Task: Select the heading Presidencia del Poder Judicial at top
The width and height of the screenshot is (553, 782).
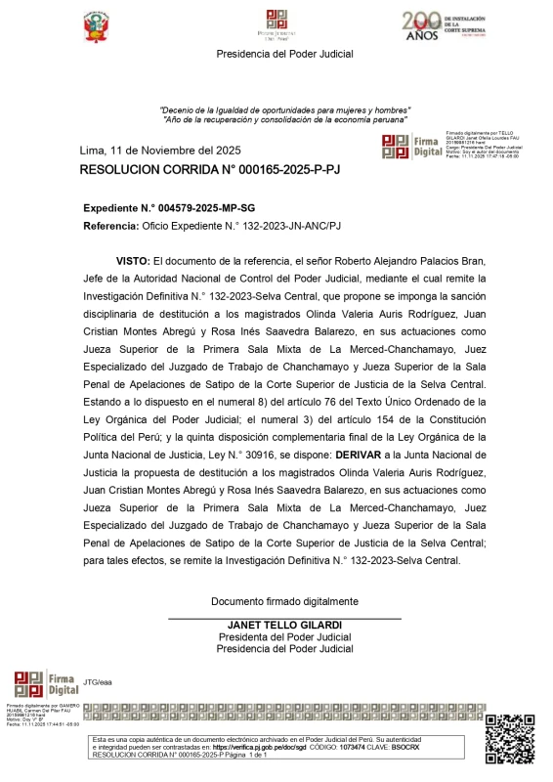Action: tap(284, 54)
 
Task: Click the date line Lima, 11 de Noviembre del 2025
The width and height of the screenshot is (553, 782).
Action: tap(160, 151)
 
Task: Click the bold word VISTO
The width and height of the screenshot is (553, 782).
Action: tap(132, 262)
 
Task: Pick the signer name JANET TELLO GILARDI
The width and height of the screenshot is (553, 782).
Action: tap(284, 626)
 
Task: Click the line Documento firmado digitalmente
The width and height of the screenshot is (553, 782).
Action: tap(284, 601)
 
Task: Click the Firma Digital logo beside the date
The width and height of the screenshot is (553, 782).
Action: tap(411, 146)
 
